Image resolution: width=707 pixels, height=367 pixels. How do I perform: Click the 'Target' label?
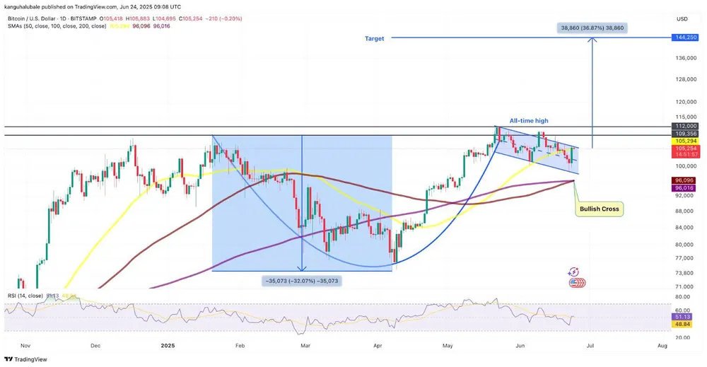pos(375,39)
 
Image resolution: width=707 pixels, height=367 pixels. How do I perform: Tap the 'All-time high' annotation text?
pos(529,121)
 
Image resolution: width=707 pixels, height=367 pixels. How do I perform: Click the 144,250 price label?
pos(686,37)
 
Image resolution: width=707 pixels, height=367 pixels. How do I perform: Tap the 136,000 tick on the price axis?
pos(686,58)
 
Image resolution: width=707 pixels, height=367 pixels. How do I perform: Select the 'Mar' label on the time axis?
pos(305,346)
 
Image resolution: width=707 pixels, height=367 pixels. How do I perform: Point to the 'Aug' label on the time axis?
pos(662,346)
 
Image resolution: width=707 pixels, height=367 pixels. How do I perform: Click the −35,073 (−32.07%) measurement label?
pos(302,281)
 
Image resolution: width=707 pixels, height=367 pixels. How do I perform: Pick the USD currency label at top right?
pos(682,18)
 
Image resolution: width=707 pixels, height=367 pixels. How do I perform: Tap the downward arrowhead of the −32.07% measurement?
pos(302,268)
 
